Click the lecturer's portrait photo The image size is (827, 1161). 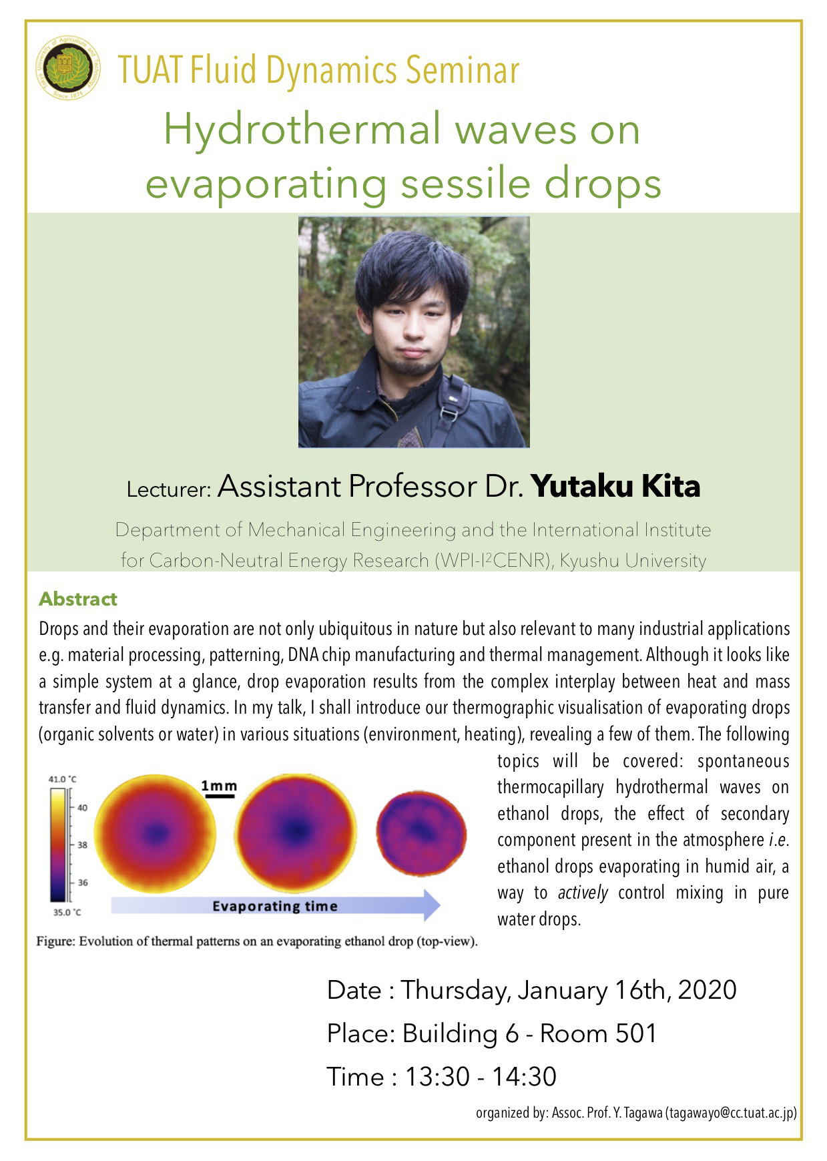(413, 332)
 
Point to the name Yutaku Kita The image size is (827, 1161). (615, 486)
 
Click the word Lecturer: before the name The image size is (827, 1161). (169, 489)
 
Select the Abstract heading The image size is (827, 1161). (78, 599)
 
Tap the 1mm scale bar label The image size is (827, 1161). (219, 786)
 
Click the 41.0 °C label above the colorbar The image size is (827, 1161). (62, 779)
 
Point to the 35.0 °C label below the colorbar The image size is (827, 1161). (67, 912)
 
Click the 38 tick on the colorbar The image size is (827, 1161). (82, 845)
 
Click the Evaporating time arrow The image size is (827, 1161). (275, 906)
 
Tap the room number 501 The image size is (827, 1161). (635, 1033)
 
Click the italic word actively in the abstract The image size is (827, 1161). (583, 893)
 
